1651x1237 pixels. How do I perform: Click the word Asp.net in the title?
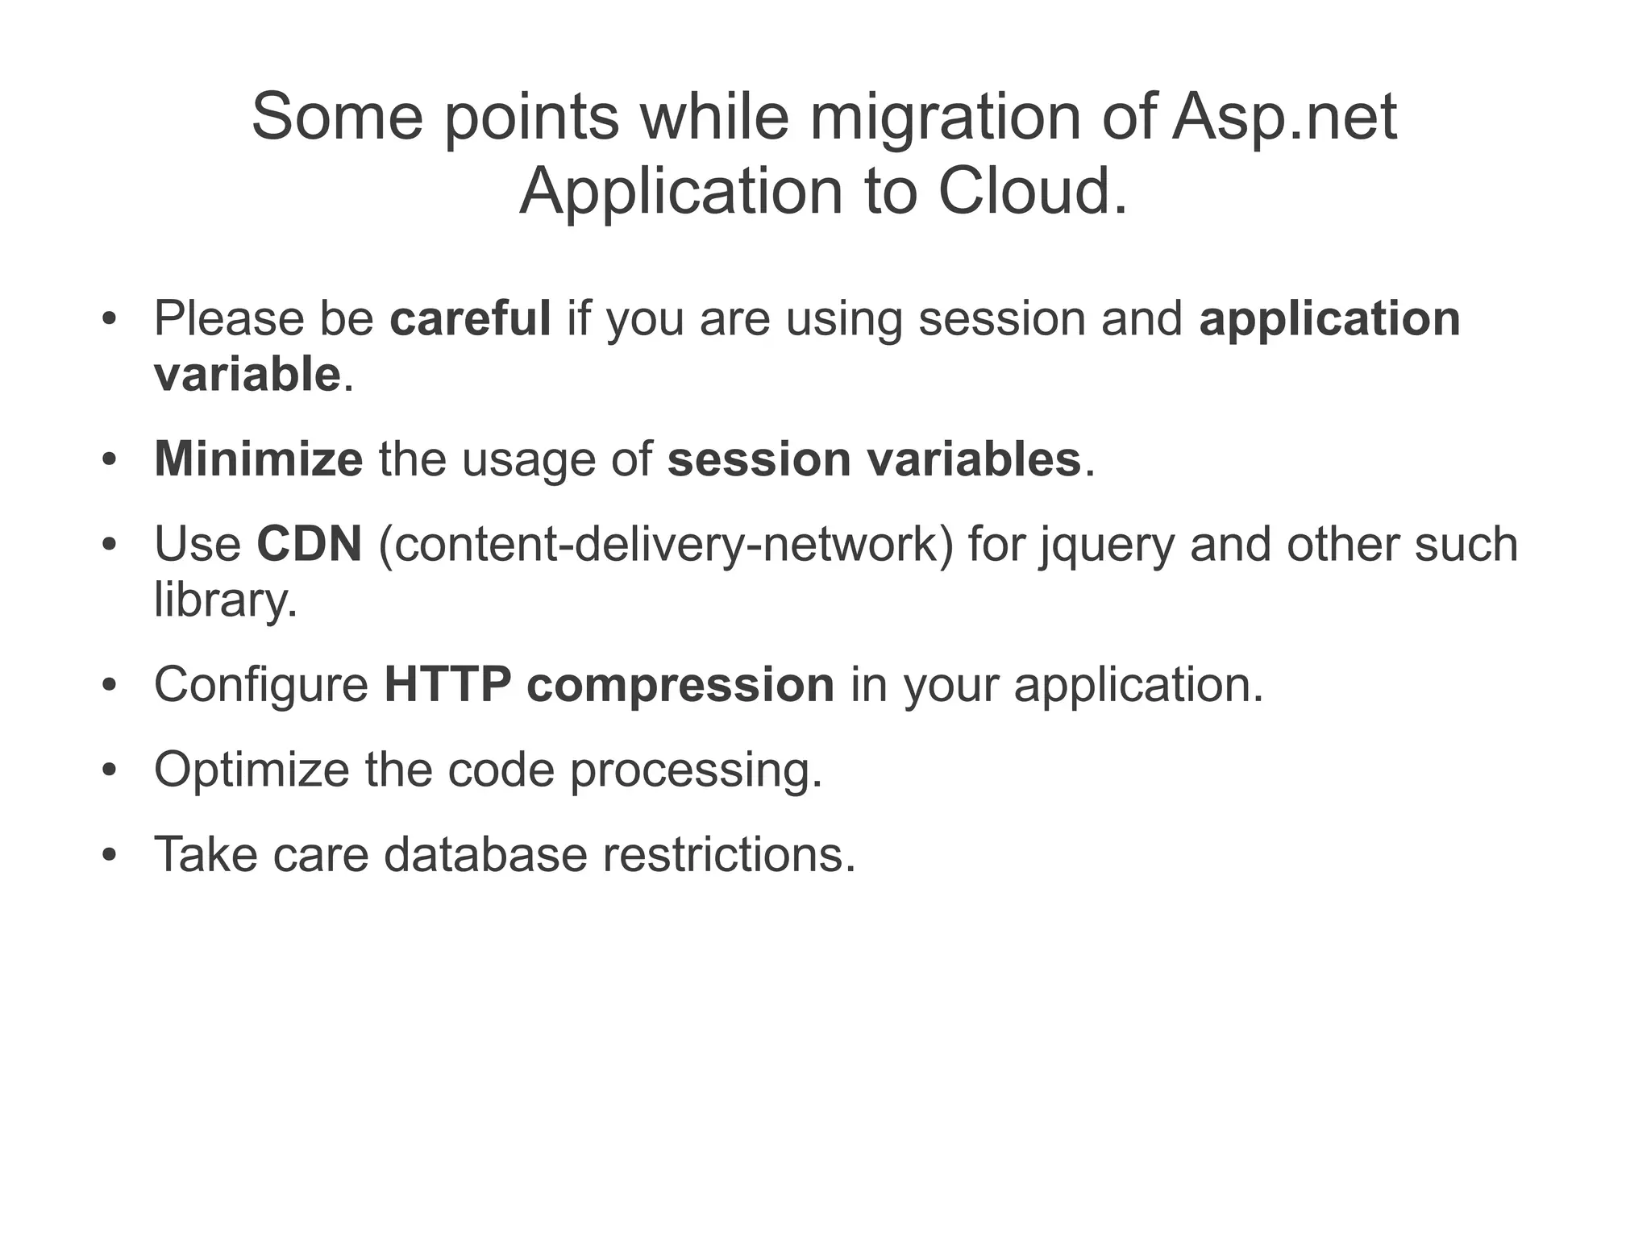point(1283,118)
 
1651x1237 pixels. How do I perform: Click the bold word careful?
point(470,318)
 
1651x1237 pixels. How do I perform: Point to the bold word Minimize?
point(258,459)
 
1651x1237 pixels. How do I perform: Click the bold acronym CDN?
point(309,544)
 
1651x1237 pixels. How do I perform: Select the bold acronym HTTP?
point(447,685)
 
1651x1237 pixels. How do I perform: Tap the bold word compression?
point(680,685)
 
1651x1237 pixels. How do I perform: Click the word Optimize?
point(251,770)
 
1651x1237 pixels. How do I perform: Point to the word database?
point(485,854)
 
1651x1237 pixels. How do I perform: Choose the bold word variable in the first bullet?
point(247,375)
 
